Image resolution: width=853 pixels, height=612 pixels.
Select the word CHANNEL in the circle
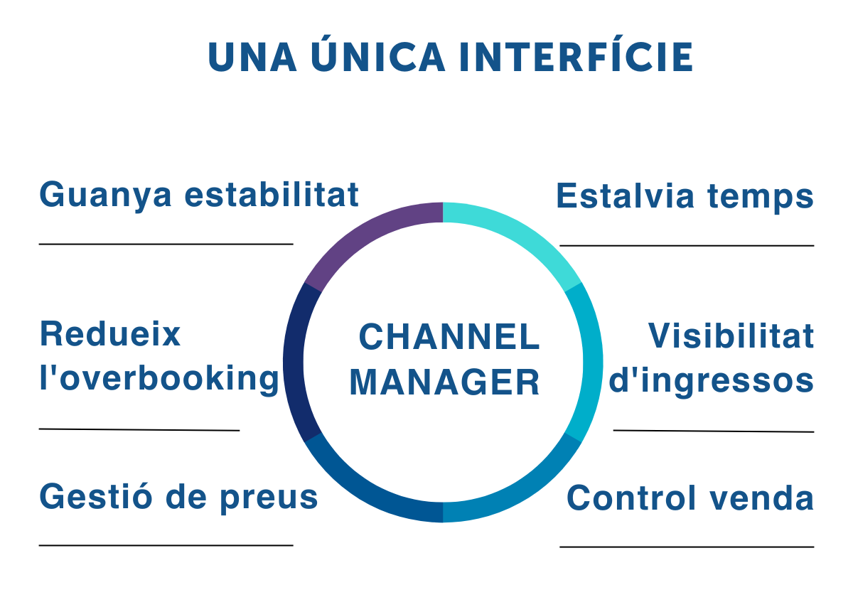point(449,337)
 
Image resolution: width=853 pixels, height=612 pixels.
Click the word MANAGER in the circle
point(444,382)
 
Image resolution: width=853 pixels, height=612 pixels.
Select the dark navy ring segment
point(294,363)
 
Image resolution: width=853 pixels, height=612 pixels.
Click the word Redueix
point(110,334)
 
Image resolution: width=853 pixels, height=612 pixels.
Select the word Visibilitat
point(731,336)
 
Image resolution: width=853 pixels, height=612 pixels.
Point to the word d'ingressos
point(712,381)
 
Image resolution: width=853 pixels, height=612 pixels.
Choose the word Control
point(631,498)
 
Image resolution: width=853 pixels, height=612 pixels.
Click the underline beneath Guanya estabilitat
point(166,244)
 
